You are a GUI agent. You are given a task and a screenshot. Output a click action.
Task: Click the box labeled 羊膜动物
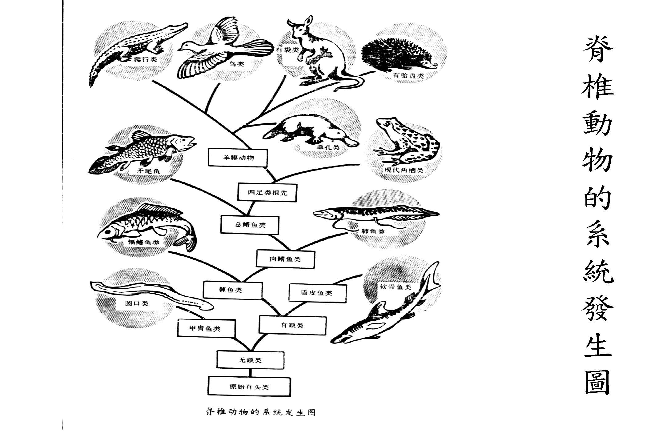238,158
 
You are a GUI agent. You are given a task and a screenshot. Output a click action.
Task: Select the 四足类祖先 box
267,193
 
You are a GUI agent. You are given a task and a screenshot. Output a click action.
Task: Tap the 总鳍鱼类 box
250,225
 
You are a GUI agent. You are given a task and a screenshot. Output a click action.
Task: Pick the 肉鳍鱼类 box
285,259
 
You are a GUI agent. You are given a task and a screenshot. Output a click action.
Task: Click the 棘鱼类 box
233,290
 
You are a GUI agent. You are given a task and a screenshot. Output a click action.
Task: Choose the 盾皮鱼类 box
317,293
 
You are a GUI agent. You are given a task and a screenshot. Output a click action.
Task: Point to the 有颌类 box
292,325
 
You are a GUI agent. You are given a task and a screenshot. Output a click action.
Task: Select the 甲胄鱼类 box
206,328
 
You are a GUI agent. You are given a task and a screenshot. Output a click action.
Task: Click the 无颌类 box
250,360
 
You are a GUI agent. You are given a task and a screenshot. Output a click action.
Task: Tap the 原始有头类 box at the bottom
249,387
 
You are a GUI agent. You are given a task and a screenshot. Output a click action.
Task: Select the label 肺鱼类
373,231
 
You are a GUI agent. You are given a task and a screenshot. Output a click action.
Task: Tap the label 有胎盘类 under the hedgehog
408,76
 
